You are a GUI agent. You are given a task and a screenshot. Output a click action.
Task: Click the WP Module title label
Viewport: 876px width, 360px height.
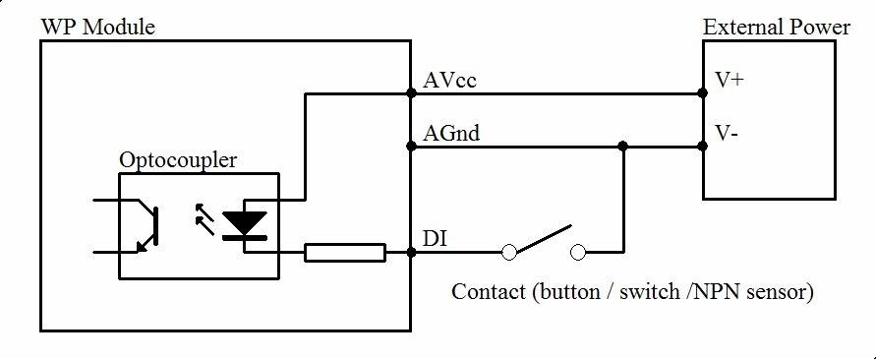(97, 27)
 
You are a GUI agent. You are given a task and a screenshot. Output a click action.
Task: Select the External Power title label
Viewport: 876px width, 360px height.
(776, 27)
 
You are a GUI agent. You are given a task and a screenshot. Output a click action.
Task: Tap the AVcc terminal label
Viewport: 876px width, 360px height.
(449, 80)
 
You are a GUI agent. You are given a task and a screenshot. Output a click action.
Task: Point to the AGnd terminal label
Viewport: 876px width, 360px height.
(451, 133)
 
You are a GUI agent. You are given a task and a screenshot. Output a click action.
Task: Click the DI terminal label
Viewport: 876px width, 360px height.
(433, 239)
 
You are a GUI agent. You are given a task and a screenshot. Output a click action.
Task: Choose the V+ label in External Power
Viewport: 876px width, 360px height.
(730, 81)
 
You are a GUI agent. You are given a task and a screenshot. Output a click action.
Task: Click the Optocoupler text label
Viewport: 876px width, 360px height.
(177, 159)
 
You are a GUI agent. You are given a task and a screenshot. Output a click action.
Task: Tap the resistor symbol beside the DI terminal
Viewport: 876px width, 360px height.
(345, 253)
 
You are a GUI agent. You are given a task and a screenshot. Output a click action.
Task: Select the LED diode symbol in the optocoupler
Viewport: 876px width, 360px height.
(243, 225)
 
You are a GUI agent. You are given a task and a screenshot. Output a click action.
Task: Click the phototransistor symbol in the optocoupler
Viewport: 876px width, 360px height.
(143, 225)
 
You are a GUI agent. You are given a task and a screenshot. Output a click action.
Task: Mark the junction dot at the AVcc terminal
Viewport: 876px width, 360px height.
(410, 94)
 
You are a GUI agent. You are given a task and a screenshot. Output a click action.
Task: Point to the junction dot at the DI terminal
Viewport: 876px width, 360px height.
(410, 253)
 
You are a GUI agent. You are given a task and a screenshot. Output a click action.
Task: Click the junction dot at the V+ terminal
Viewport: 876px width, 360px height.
(702, 94)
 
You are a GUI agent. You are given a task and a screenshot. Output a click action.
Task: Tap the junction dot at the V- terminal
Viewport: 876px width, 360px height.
(702, 147)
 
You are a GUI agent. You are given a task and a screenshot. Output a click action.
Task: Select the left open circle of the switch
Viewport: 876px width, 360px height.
(509, 253)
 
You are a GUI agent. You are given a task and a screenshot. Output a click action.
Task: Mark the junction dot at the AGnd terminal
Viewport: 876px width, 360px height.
(410, 147)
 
